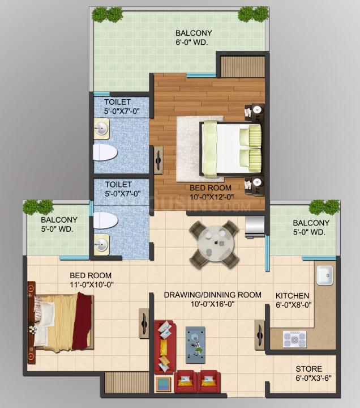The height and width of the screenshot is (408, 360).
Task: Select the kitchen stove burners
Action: (x=294, y=338)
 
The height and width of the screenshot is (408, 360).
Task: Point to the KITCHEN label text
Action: (x=292, y=296)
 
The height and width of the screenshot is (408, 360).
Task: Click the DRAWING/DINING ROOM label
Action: (x=212, y=295)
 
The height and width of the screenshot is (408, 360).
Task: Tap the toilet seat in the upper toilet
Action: (x=105, y=152)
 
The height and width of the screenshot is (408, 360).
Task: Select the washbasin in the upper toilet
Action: (x=102, y=128)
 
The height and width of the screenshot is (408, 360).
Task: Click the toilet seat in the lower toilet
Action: (x=105, y=220)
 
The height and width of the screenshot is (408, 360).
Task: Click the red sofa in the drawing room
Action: (x=165, y=346)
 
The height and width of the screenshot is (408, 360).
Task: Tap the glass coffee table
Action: (x=196, y=344)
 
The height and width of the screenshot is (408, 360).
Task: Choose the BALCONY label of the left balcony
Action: (x=59, y=220)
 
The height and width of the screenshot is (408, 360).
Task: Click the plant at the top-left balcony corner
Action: (x=108, y=14)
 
